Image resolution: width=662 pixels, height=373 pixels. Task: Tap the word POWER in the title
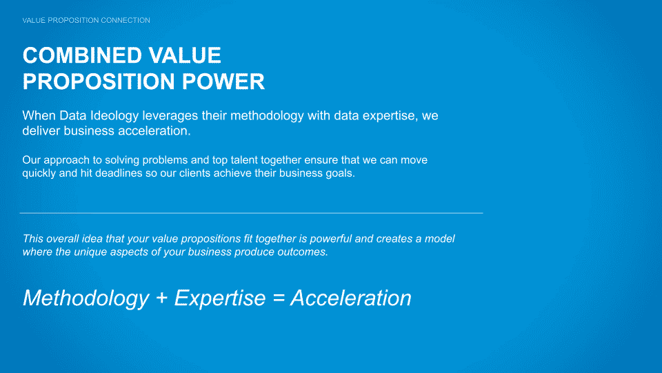coord(223,82)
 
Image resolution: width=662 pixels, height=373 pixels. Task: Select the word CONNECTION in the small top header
coord(126,20)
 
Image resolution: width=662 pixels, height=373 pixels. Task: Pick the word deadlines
coord(119,173)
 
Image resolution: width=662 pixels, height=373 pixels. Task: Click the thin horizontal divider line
coord(251,213)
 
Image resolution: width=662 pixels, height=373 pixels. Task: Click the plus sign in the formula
coord(161,298)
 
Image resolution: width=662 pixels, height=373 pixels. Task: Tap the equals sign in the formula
coord(279,298)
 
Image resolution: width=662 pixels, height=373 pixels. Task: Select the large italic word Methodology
coord(86,298)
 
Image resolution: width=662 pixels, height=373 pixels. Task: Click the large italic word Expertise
coord(220,298)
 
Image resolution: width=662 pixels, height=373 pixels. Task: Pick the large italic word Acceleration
coord(351,298)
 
